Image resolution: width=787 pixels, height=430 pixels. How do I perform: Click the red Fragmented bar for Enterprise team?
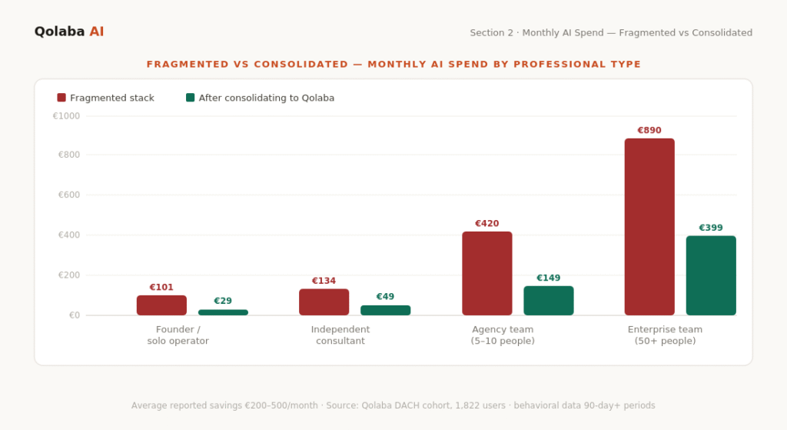coord(649,227)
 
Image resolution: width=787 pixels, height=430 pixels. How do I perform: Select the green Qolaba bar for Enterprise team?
coord(711,275)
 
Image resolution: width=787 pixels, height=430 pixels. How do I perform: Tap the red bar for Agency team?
coord(486,273)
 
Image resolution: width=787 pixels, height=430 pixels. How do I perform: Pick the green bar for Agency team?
coord(549,301)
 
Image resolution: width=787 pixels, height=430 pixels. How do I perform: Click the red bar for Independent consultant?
coord(324,302)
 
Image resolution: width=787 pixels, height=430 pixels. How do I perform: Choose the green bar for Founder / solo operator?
coord(223,312)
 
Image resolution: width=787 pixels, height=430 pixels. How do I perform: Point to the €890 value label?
coord(649,131)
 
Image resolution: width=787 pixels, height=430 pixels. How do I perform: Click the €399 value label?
coord(711,228)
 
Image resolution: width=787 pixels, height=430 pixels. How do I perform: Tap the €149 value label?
coord(549,278)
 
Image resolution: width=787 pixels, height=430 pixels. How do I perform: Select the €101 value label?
coord(161,288)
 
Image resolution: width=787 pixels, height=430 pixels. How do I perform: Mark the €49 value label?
coord(385,297)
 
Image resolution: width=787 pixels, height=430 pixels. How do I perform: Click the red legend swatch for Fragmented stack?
coord(61,98)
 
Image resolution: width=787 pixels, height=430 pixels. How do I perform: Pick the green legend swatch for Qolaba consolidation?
coord(191,98)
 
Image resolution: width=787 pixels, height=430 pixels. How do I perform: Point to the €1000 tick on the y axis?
coord(66,116)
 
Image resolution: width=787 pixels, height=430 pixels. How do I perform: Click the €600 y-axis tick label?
coord(68,195)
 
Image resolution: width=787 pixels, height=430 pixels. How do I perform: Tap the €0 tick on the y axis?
coord(73,315)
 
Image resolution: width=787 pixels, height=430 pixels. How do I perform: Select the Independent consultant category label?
coord(340,335)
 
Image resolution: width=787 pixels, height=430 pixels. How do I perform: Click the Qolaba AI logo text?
coord(69,32)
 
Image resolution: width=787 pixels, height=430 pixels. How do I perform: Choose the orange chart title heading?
coord(393,64)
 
